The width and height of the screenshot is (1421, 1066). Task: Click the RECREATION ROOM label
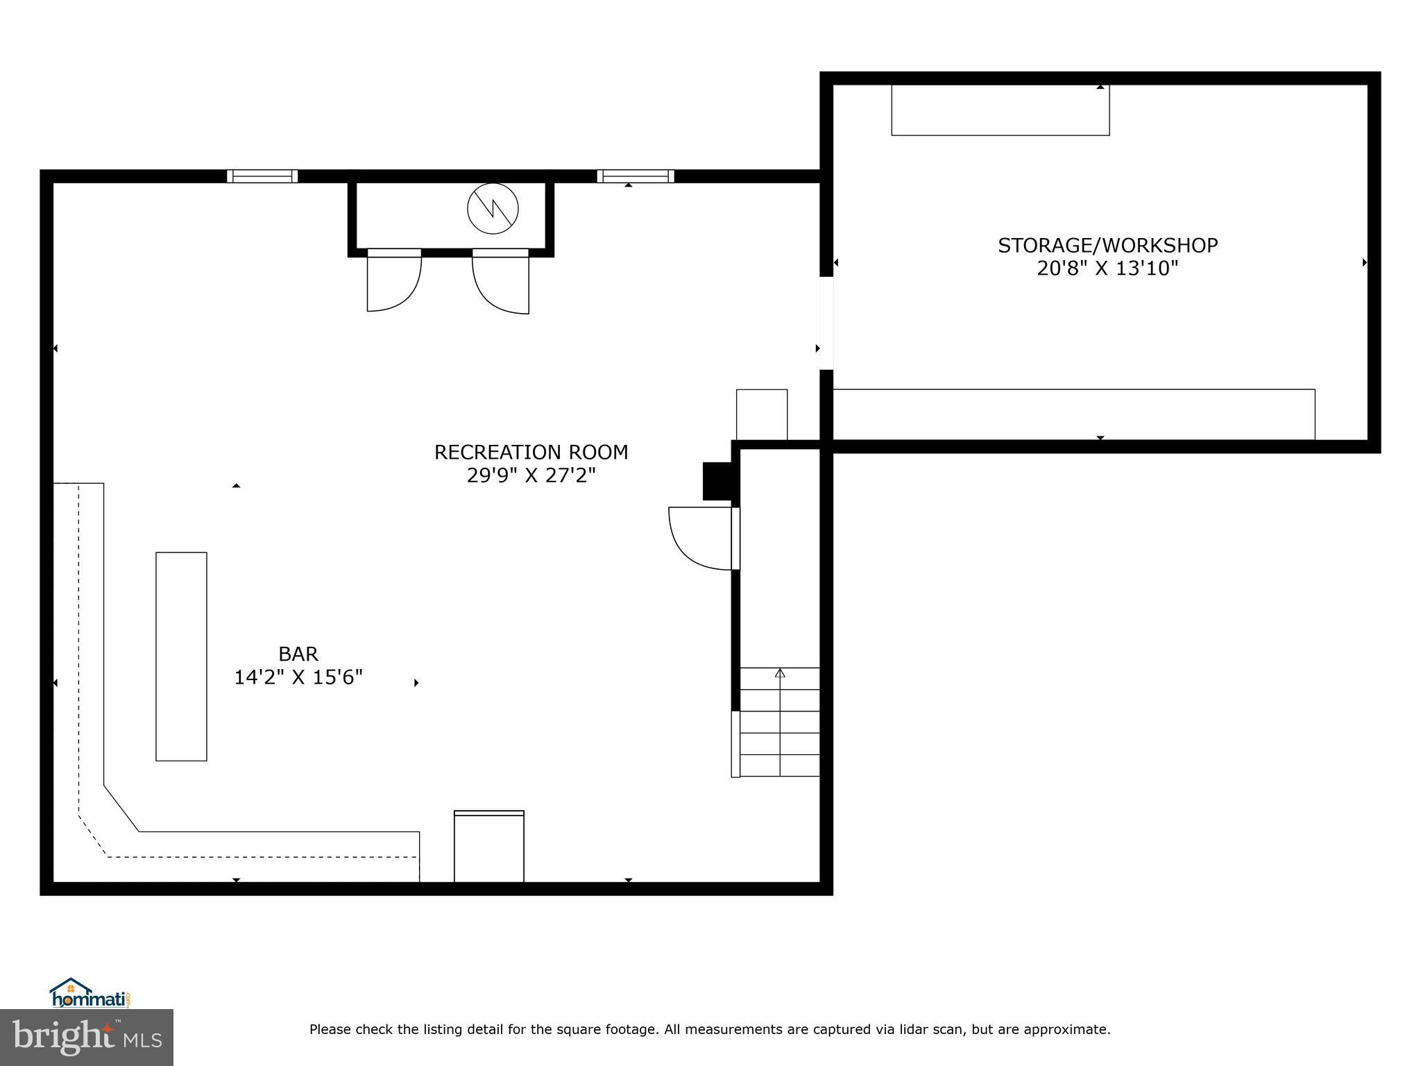point(531,452)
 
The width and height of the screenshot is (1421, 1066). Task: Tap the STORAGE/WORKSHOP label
point(1107,246)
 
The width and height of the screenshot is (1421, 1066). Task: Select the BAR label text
point(298,654)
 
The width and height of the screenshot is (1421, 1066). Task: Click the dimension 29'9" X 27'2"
point(531,476)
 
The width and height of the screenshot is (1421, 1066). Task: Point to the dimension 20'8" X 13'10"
point(1107,269)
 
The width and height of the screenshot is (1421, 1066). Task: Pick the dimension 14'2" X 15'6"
point(298,677)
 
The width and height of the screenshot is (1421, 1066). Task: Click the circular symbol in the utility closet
point(493,208)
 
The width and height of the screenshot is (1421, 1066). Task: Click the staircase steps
point(779,722)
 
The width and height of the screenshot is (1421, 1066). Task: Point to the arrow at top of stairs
point(780,672)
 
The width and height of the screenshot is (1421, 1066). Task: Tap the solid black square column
point(717,481)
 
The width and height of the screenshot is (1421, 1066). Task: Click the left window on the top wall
point(262,176)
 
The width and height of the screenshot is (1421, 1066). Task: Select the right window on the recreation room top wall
point(635,176)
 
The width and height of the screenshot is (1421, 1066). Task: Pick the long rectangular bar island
point(181,657)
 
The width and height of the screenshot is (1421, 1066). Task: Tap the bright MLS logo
point(87,1037)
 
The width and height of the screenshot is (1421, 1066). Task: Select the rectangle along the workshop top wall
point(1000,110)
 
